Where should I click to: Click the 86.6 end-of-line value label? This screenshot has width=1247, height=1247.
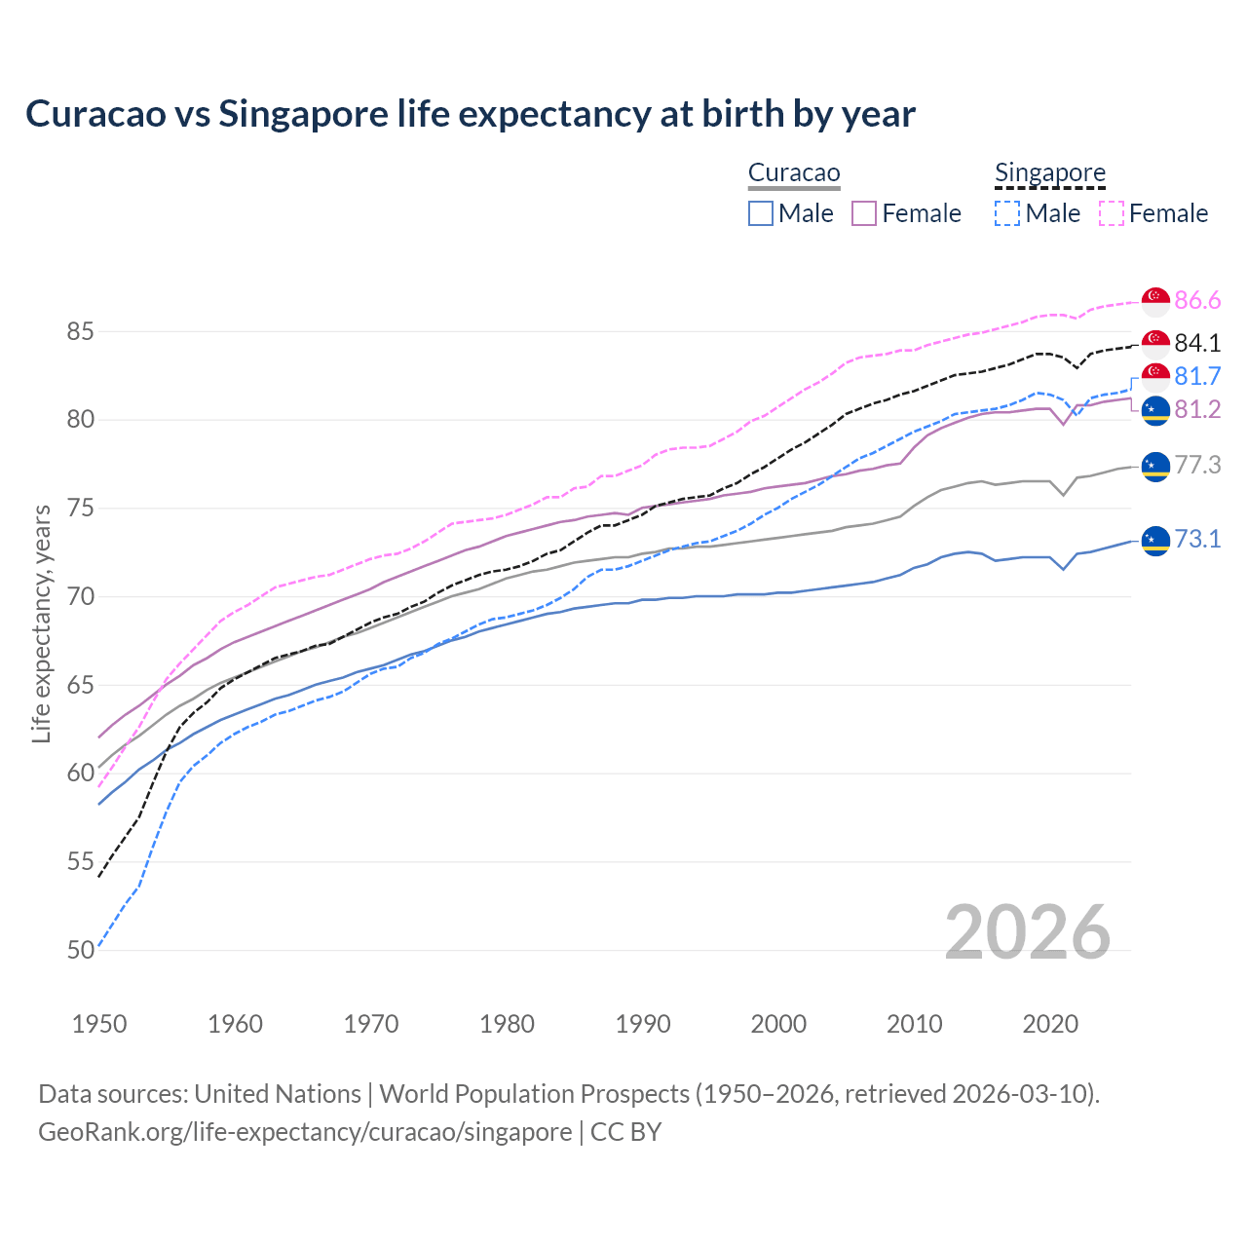(x=1197, y=301)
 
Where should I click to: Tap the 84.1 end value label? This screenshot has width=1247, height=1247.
(x=1197, y=343)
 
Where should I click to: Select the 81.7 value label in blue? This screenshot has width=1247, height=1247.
(x=1197, y=376)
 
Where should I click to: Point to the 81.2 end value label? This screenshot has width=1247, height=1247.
(x=1197, y=410)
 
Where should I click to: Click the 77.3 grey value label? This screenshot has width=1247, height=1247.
(x=1197, y=466)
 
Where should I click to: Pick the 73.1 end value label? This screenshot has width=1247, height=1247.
(x=1197, y=539)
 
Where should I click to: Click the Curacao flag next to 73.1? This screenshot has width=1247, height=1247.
(x=1155, y=539)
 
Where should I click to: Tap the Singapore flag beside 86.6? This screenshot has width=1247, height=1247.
(x=1155, y=302)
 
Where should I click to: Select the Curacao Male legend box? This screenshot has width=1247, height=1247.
(x=761, y=213)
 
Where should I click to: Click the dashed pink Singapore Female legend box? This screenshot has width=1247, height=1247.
(x=1112, y=213)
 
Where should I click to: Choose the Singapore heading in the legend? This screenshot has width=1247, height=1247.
(x=1050, y=173)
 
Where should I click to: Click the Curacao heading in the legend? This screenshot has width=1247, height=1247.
(x=794, y=173)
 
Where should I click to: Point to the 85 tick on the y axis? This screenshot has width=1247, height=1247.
(x=80, y=332)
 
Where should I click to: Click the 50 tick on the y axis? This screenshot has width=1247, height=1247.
(x=80, y=950)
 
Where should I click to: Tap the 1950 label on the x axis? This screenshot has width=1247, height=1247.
(x=99, y=1024)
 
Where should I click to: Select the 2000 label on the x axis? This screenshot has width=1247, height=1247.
(x=778, y=1024)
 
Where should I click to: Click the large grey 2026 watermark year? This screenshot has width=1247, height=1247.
(x=1028, y=932)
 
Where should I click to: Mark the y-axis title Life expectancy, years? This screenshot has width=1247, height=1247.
(x=41, y=623)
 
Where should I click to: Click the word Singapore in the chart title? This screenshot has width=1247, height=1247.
(x=303, y=114)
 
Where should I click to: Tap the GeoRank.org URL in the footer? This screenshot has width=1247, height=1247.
(x=305, y=1132)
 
